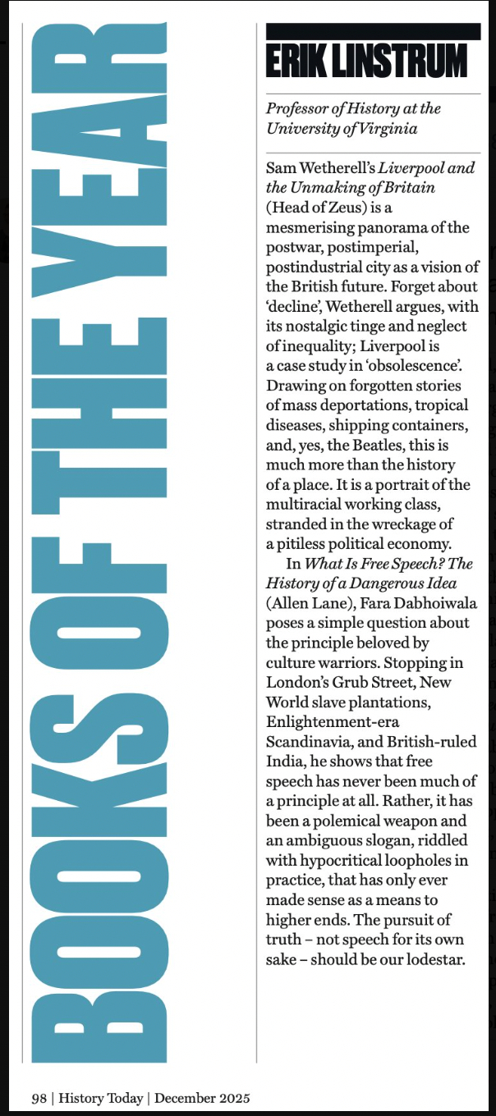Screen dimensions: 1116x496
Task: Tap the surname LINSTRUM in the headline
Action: pos(403,61)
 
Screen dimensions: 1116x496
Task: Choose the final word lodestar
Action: pos(434,956)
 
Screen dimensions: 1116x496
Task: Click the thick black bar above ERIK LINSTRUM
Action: pos(374,31)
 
